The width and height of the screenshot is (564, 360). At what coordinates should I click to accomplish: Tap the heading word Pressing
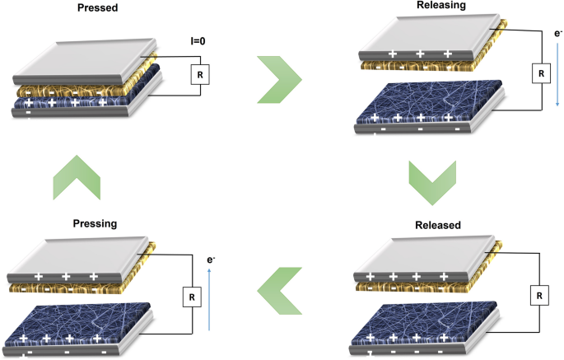(85, 222)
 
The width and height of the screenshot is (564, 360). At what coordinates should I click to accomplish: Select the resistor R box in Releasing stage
(541, 74)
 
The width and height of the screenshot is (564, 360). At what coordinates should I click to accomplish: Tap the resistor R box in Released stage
(541, 294)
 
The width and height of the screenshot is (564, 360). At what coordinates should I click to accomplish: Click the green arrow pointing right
(277, 79)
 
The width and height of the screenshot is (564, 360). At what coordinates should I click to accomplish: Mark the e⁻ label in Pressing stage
(212, 259)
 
